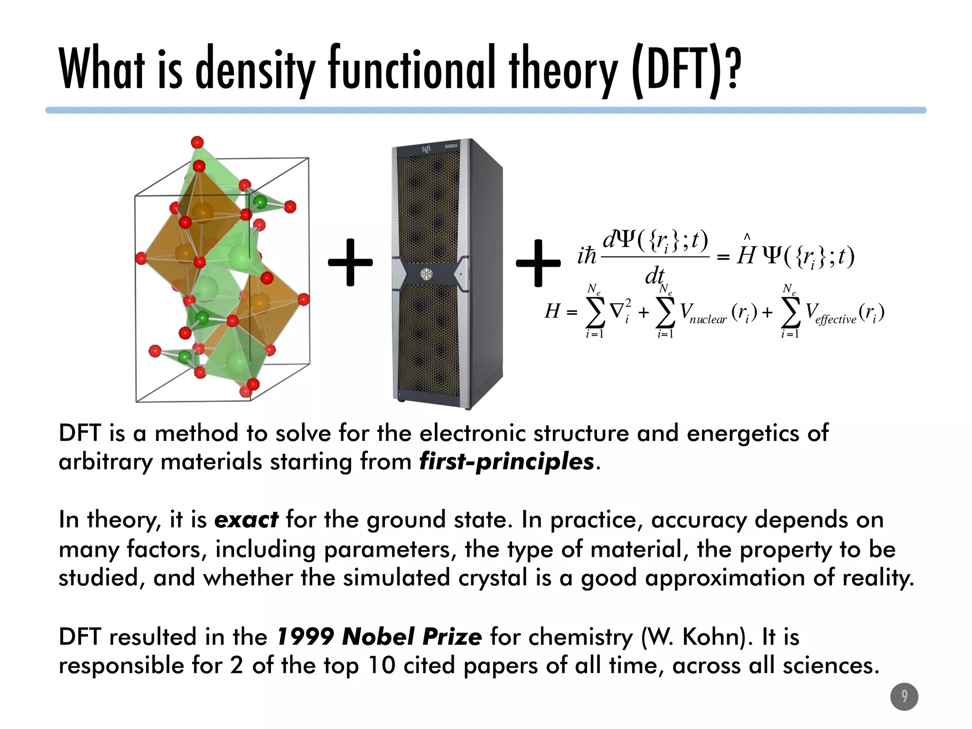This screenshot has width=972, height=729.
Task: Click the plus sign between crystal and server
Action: coord(350,262)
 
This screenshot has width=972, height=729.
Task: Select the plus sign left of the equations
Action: coord(538,262)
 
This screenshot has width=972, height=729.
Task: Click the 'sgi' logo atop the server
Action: coord(427,149)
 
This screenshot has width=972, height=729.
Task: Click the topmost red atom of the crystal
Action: coord(197,142)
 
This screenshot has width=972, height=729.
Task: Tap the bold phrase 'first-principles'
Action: coord(506,461)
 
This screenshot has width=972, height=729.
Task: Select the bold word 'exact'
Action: coord(246,519)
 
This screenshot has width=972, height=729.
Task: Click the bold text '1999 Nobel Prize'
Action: coord(379,636)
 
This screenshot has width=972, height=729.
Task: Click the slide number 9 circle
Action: coord(904,696)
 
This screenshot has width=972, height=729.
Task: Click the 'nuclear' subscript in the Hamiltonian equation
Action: coord(708,319)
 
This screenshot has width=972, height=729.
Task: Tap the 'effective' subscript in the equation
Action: coord(836,319)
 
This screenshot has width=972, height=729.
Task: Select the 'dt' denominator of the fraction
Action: coord(654,276)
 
